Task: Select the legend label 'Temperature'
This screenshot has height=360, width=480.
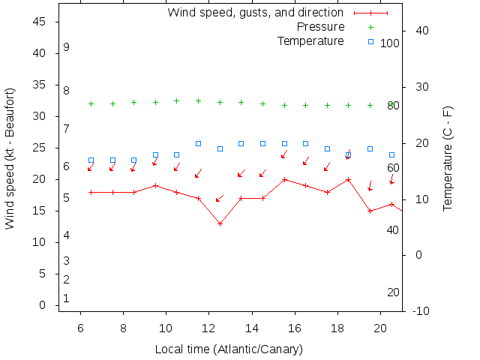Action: pyautogui.click(x=310, y=40)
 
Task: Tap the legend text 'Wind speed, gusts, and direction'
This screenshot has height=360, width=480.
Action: pyautogui.click(x=255, y=13)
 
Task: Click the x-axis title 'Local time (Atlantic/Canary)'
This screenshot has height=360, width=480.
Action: pyautogui.click(x=229, y=349)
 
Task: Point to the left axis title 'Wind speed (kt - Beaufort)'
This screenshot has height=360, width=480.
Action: pyautogui.click(x=10, y=157)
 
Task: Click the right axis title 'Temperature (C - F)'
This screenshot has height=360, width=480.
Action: pyautogui.click(x=448, y=157)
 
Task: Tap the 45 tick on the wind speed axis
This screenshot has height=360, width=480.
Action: pyautogui.click(x=43, y=22)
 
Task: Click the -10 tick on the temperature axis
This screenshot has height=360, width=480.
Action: pyautogui.click(x=421, y=310)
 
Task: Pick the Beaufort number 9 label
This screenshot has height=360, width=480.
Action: pyautogui.click(x=66, y=47)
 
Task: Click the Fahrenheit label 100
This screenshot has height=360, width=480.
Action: pyautogui.click(x=389, y=43)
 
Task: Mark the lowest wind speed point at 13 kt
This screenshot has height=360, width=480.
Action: pyautogui.click(x=220, y=223)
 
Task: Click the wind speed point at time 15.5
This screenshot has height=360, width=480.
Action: pyautogui.click(x=284, y=179)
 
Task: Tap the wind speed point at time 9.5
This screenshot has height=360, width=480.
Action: pyautogui.click(x=155, y=185)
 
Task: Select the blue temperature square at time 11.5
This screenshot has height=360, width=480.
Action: pyautogui.click(x=198, y=143)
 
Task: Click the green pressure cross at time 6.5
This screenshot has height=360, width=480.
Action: pyautogui.click(x=91, y=103)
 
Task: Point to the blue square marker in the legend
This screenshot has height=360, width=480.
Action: pyautogui.click(x=370, y=41)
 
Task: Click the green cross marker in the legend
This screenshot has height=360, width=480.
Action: pyautogui.click(x=370, y=27)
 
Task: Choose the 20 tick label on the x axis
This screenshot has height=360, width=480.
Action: pyautogui.click(x=380, y=328)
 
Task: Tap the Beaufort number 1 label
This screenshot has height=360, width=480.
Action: pyautogui.click(x=66, y=298)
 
